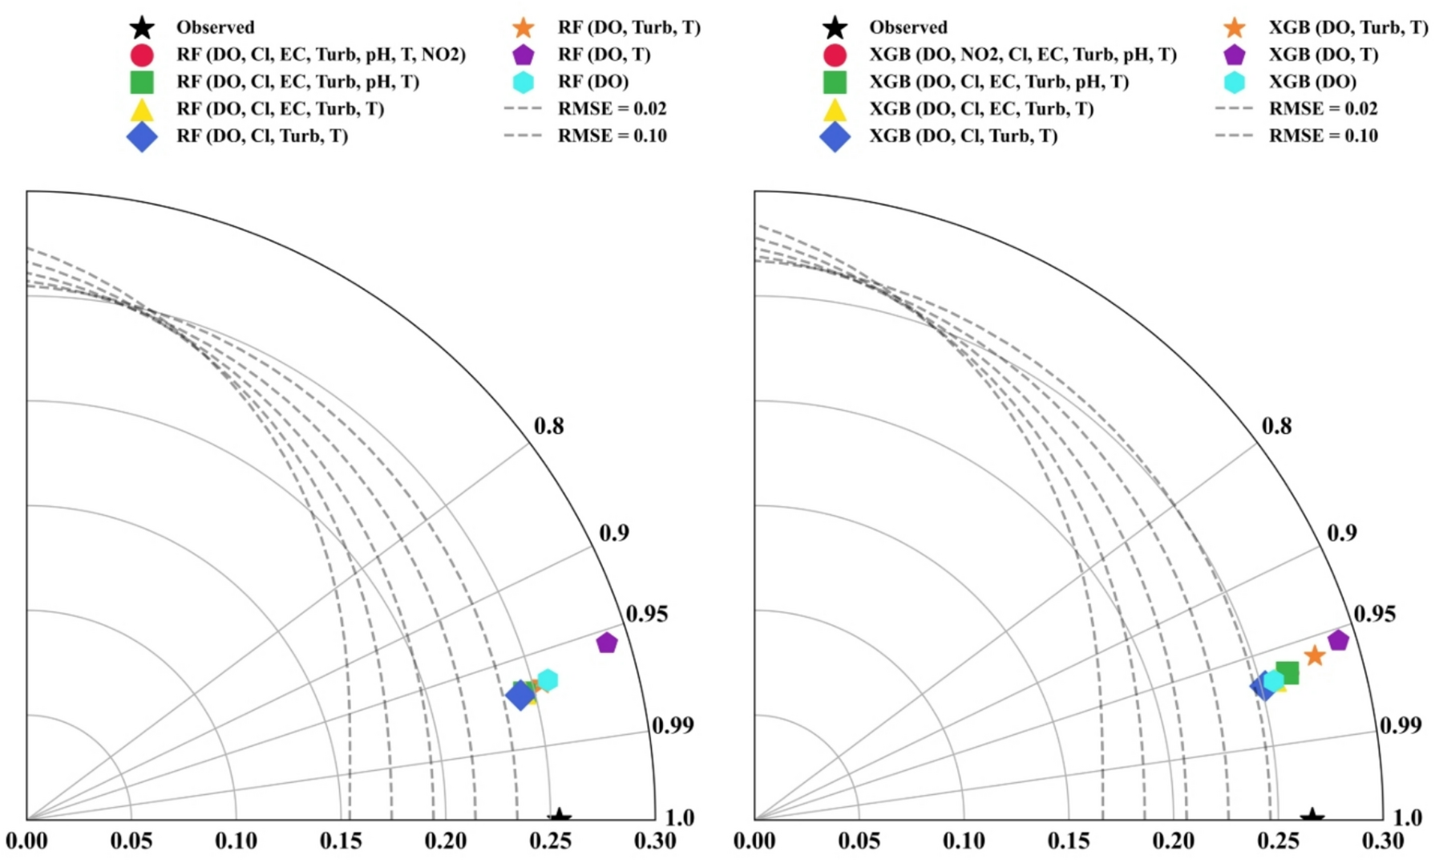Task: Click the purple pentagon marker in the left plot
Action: tap(607, 643)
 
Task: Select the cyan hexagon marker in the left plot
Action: tap(548, 680)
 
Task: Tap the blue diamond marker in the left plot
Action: tap(519, 695)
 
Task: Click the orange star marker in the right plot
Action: tap(1315, 656)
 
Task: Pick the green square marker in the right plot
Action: tap(1287, 672)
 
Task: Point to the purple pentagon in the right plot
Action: tap(1338, 640)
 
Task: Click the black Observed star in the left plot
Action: tap(560, 817)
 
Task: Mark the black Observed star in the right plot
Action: tap(1312, 817)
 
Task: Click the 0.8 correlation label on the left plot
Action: tap(549, 426)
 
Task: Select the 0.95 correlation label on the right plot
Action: tap(1374, 614)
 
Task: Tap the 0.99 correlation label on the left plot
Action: tap(672, 725)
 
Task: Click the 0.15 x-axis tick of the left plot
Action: tap(341, 841)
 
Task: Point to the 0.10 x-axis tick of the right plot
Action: tap(964, 841)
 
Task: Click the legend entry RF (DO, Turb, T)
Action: tap(629, 28)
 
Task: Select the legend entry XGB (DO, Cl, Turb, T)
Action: tap(963, 136)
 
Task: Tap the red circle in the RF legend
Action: tap(142, 55)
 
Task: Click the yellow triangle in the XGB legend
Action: tap(835, 110)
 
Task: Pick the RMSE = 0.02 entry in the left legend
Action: tap(612, 109)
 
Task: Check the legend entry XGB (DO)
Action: tap(1312, 82)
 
